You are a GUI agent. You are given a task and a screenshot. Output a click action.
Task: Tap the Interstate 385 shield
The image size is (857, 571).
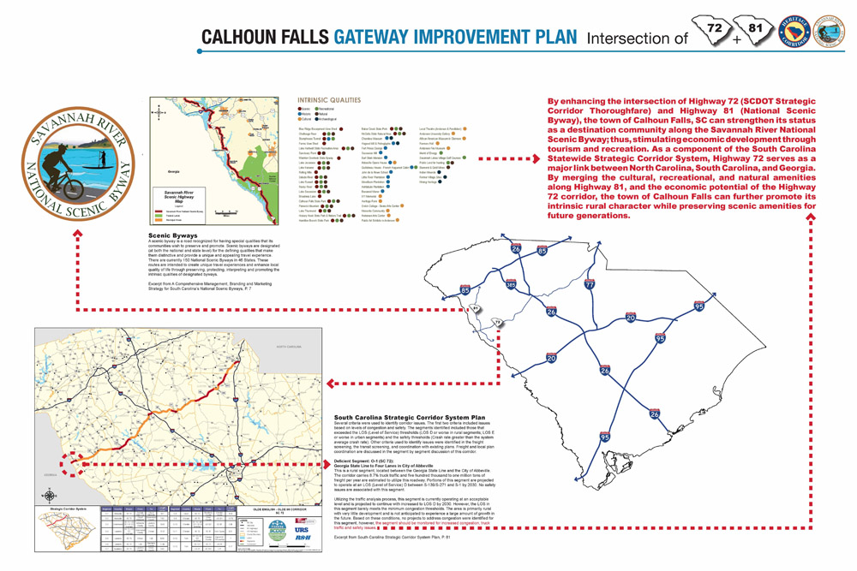pyautogui.click(x=512, y=283)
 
